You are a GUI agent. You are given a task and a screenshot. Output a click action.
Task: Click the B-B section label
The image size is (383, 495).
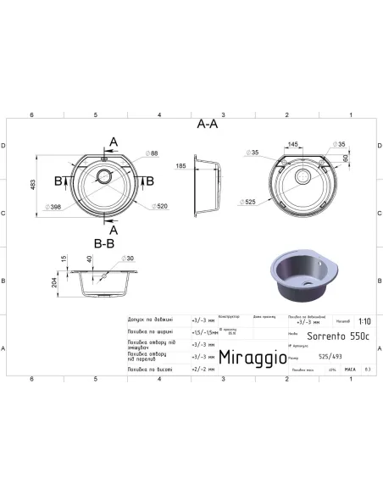tap(104, 242)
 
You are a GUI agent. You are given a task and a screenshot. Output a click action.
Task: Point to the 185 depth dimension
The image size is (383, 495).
tap(181, 167)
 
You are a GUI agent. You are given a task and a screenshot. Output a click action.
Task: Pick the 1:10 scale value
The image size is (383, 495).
tap(362, 322)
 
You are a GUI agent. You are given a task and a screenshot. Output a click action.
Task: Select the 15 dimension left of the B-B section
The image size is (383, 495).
tap(64, 259)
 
